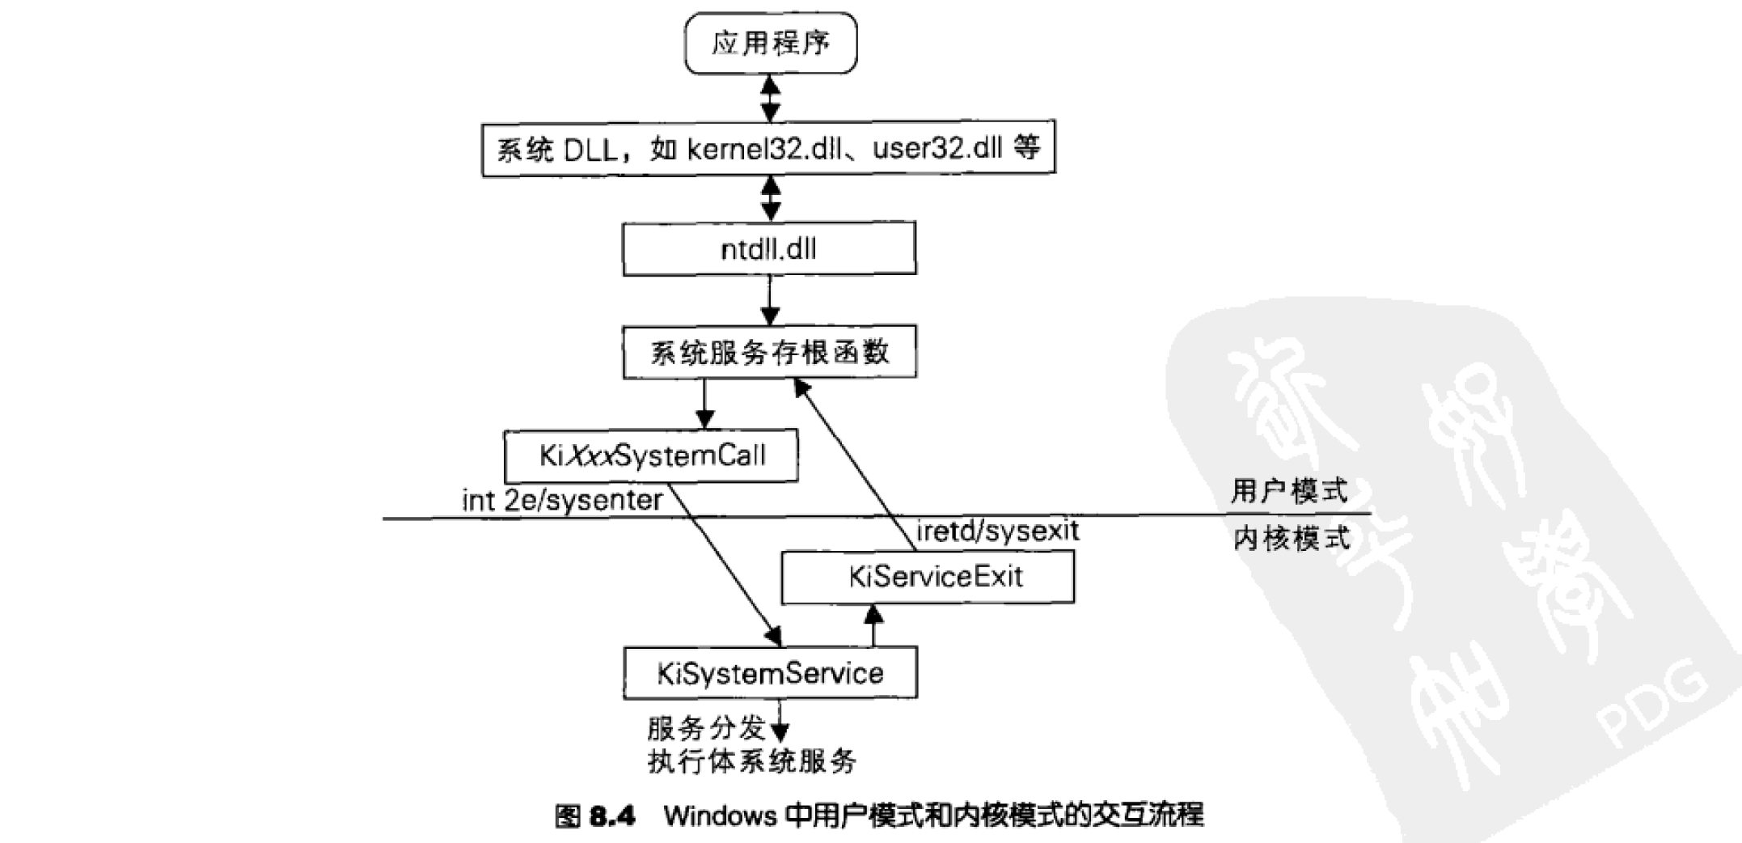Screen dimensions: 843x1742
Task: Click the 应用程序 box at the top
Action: (770, 43)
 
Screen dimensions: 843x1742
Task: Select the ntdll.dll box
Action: (769, 249)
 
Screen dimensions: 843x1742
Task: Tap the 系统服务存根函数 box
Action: (769, 352)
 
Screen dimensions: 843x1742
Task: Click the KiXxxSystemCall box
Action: (651, 456)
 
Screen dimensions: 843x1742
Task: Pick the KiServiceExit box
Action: (928, 577)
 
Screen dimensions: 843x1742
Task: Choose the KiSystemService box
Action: (770, 673)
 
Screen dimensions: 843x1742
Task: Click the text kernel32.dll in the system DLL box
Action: (764, 149)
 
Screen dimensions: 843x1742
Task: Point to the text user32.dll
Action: (937, 149)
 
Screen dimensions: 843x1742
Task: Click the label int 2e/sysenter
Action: (562, 500)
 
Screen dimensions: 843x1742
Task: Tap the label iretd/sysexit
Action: (997, 532)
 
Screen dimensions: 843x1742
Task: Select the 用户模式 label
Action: (1289, 491)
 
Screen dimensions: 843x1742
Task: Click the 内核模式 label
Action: (1292, 538)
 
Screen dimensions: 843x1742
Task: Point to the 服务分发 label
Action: (705, 728)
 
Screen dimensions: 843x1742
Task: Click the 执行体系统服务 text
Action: (751, 761)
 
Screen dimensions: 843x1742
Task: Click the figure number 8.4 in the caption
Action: (612, 815)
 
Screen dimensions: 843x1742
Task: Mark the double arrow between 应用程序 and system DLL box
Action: (771, 98)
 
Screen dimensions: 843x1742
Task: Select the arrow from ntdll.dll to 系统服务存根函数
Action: (770, 300)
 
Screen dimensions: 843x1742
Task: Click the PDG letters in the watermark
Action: (1650, 705)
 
